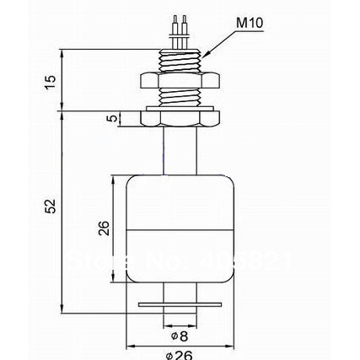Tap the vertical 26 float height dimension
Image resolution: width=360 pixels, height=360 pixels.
pos(104,228)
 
